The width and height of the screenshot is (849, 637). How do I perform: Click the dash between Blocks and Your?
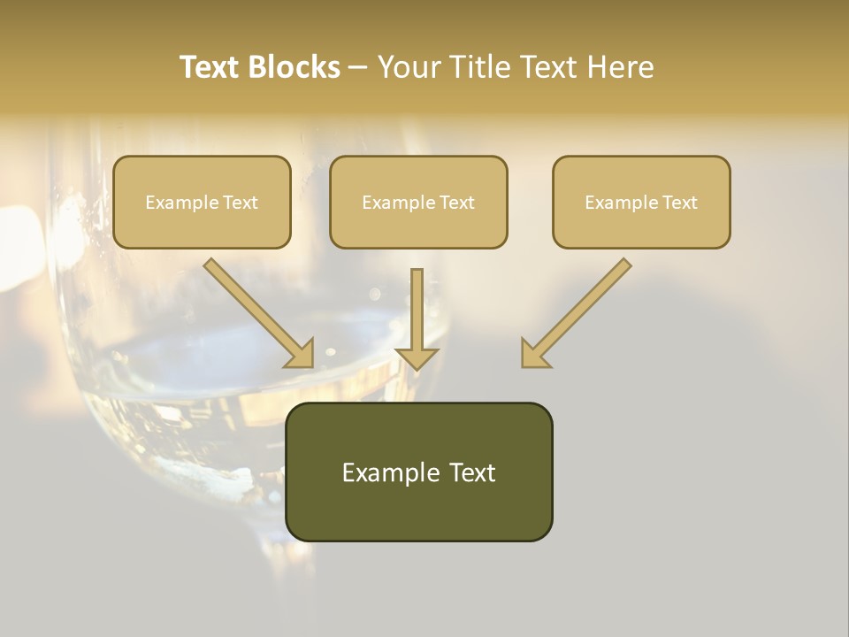click(x=358, y=67)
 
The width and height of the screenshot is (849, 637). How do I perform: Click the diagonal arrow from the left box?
click(x=256, y=310)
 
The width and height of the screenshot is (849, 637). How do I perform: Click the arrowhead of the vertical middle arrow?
click(x=417, y=357)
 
